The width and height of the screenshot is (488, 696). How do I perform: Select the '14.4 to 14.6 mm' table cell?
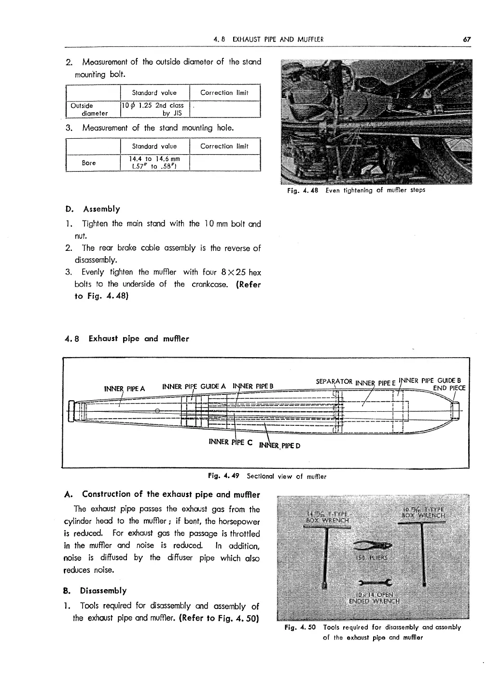(x=154, y=163)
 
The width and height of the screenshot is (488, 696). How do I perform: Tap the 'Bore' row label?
(x=89, y=163)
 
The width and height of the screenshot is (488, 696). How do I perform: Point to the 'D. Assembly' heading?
(x=92, y=209)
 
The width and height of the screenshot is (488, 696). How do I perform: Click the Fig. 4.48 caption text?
(x=356, y=190)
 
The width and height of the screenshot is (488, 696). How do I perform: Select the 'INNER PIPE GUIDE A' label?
(x=194, y=386)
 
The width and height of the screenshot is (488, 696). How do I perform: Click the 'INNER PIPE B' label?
(x=253, y=386)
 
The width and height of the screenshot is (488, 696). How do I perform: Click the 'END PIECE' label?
(x=449, y=388)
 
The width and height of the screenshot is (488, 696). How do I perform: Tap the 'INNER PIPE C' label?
(x=230, y=442)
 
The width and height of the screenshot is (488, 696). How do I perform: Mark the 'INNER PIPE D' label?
(x=280, y=445)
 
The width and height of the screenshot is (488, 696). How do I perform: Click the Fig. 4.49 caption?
(x=267, y=476)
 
